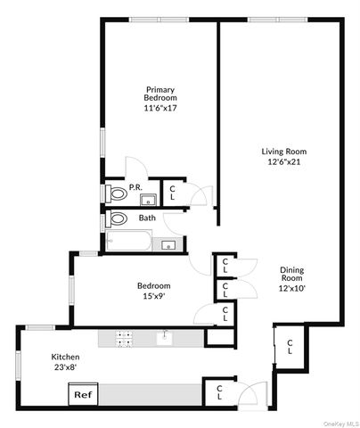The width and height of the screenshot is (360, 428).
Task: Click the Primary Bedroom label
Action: tap(160, 94)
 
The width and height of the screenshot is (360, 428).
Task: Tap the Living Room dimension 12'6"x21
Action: tap(284, 162)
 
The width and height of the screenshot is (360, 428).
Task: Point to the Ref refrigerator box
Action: tap(83, 394)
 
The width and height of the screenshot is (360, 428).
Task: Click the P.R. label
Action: tap(135, 187)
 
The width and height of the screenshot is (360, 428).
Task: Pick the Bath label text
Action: tap(147, 218)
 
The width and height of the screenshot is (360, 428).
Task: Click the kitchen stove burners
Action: tap(125, 338)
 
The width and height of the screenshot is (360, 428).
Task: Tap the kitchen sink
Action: tap(165, 338)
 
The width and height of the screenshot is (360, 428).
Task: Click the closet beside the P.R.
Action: tap(173, 192)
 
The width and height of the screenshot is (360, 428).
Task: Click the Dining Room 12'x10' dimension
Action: tap(291, 288)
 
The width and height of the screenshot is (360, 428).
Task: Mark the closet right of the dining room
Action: tap(290, 348)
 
